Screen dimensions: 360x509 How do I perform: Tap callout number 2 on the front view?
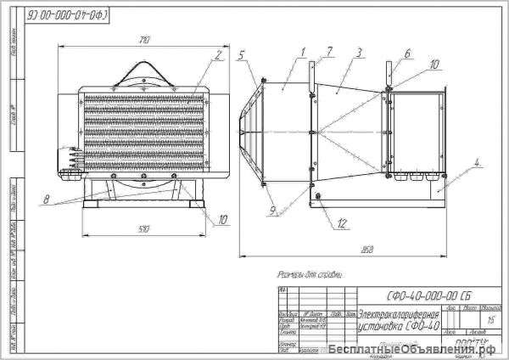click(x=218, y=55)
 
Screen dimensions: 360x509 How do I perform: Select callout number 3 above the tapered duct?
click(x=330, y=50)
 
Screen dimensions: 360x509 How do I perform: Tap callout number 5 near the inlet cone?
click(x=241, y=54)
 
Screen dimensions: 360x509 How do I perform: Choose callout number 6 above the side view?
click(x=407, y=53)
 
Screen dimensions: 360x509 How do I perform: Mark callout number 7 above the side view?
click(x=330, y=50)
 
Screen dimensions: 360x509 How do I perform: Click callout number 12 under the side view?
click(x=342, y=223)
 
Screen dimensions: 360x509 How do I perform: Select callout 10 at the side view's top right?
click(x=434, y=63)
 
